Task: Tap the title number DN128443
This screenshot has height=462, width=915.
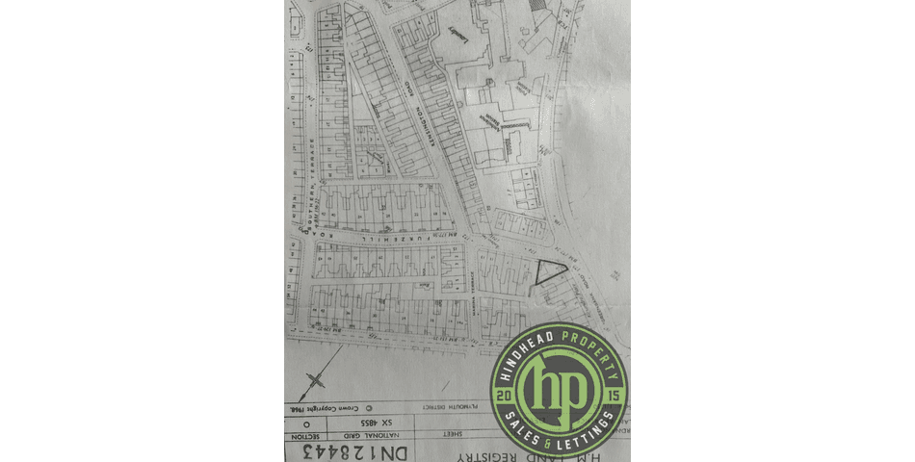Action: (x=361, y=449)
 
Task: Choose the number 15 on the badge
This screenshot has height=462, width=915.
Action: (x=614, y=396)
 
